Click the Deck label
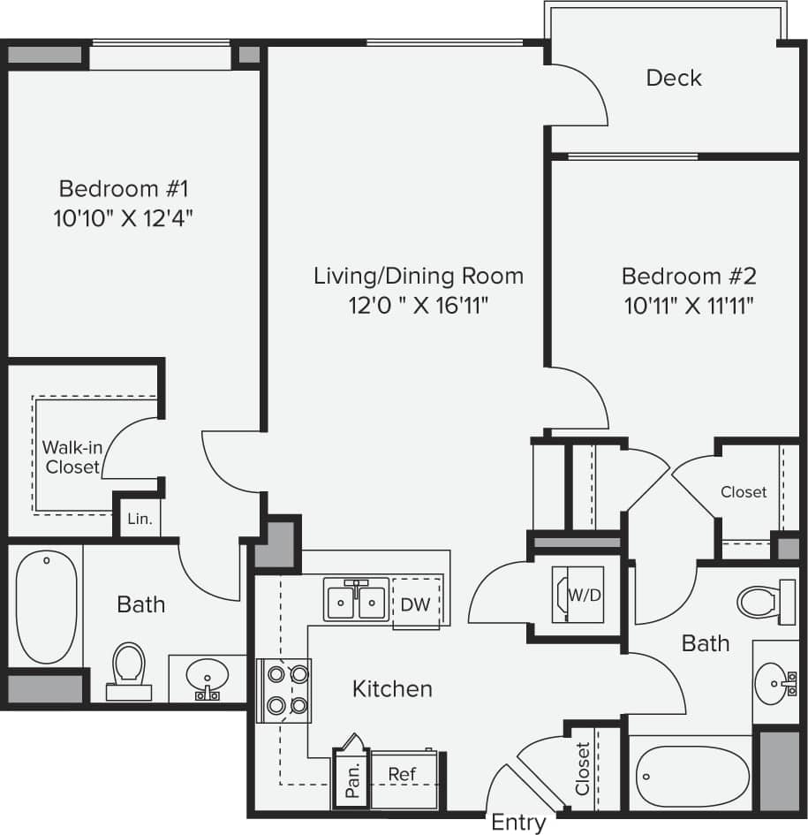point(674,78)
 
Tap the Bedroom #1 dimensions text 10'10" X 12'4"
point(124,217)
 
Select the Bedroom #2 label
point(689,276)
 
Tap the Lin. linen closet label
point(140,520)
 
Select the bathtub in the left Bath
point(46,607)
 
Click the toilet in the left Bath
point(129,672)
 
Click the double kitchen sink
point(356,600)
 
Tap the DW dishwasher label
point(415,605)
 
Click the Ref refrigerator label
point(402,774)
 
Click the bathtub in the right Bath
point(689,776)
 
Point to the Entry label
point(518,823)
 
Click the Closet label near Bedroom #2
point(743,492)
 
